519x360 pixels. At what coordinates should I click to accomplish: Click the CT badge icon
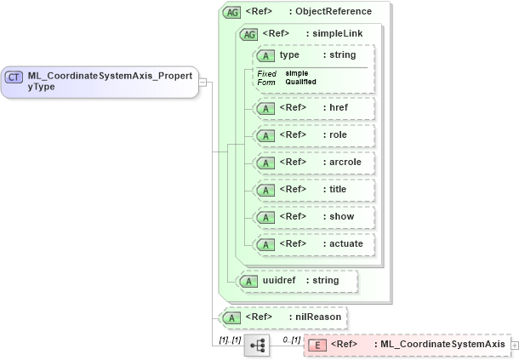pos(14,77)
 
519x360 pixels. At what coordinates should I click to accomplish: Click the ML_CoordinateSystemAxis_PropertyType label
pos(111,81)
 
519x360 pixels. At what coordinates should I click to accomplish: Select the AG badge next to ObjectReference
pos(231,12)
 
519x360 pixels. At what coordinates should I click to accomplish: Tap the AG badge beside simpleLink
pos(249,34)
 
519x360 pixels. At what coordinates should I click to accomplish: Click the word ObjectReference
pos(334,12)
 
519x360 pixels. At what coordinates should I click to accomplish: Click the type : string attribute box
pos(313,55)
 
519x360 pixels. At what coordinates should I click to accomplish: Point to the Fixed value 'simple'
pos(297,73)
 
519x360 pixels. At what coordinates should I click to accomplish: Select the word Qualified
pos(301,82)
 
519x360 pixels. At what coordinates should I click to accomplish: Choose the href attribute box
pos(313,108)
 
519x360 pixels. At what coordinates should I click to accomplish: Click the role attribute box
pos(313,135)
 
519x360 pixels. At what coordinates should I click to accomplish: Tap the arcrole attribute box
pos(313,163)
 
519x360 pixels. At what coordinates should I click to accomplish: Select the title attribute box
pos(313,190)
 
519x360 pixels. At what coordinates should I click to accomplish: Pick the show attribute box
pos(313,217)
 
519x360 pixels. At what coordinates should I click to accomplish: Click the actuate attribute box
pos(313,244)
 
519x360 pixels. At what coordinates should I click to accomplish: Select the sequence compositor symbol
pos(256,345)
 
